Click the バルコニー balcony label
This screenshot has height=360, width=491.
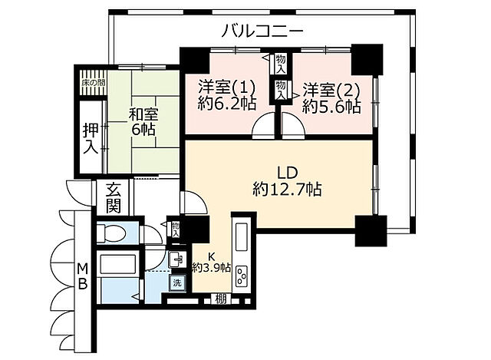coord(262,31)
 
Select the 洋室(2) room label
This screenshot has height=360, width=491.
coord(331,88)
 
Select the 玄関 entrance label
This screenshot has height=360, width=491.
coord(114,197)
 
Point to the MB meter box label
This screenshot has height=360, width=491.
coord(82,275)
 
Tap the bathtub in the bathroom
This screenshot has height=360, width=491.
coord(117,266)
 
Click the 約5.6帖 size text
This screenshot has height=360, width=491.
coord(331,106)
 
